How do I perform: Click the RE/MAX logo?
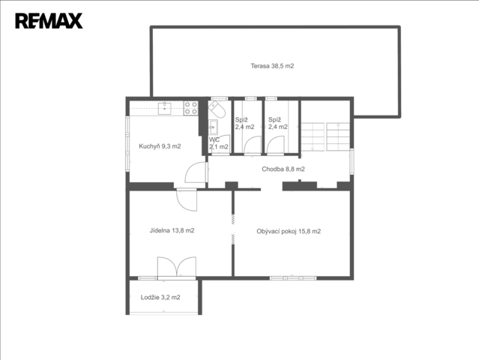tap(49, 21)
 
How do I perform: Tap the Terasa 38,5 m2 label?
tap(272, 66)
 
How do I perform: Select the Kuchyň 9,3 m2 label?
tap(160, 146)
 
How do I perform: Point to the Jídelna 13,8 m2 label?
tap(172, 230)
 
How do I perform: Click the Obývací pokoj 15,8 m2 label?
tap(289, 231)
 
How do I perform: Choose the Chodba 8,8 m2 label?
tap(283, 169)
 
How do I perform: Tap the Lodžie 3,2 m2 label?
tap(160, 297)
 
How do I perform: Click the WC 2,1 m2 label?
tap(218, 143)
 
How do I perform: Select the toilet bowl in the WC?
tap(217, 109)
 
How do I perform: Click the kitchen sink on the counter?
tap(164, 109)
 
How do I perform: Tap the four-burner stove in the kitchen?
tap(190, 108)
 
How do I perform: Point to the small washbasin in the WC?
tap(213, 127)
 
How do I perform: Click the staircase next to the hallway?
tap(325, 136)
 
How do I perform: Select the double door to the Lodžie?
tap(177, 267)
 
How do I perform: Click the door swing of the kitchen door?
tap(195, 172)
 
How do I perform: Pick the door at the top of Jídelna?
tap(187, 199)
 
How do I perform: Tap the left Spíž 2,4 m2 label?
tap(244, 123)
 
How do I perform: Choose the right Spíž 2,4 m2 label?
tap(277, 123)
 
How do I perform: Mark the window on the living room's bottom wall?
tap(293, 278)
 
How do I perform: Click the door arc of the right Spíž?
tap(276, 145)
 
